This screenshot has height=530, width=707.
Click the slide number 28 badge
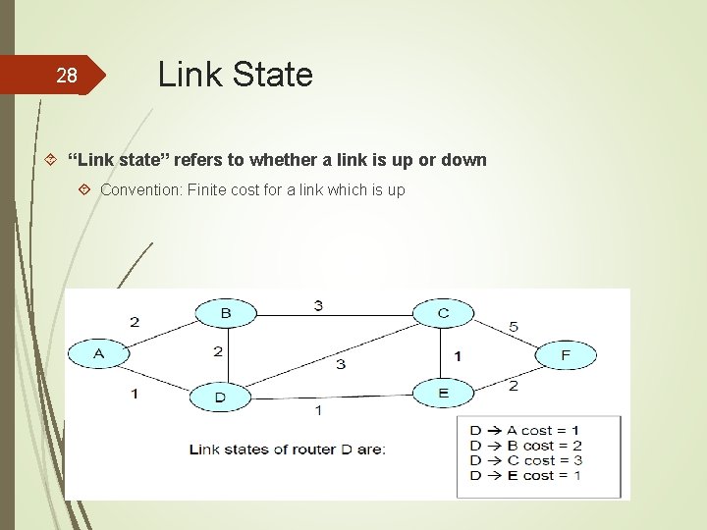[66, 76]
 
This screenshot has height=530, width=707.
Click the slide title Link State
[235, 75]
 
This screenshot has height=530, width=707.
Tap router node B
[225, 313]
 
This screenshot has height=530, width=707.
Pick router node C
[443, 313]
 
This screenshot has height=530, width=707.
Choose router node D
[220, 397]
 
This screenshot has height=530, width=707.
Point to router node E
[443, 393]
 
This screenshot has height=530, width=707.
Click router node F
[566, 354]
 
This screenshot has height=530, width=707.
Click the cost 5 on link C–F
[513, 326]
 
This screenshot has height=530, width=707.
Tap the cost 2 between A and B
[135, 322]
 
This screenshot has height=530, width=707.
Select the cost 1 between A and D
[135, 393]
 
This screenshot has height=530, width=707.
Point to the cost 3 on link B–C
[318, 305]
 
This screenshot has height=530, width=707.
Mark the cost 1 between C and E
[458, 355]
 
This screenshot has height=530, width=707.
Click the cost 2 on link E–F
[513, 386]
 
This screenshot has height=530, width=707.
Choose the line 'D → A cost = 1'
[525, 430]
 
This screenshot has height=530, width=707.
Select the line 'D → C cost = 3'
[525, 460]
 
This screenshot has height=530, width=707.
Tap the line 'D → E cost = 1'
[525, 475]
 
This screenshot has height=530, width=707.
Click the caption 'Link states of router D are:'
[287, 450]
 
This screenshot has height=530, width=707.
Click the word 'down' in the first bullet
[463, 159]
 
